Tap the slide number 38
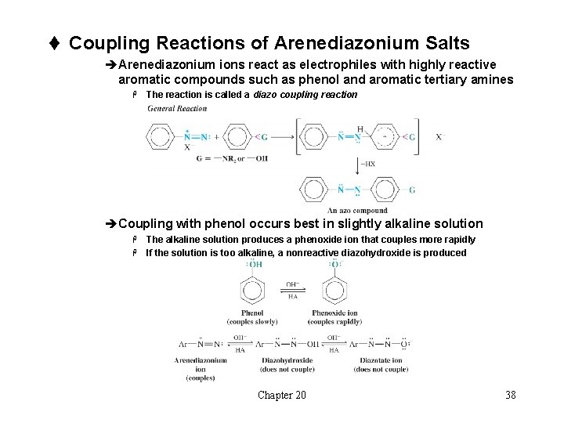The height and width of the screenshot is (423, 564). (x=511, y=395)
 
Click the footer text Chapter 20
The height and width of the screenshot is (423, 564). (x=282, y=395)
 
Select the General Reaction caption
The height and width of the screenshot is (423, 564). (x=178, y=108)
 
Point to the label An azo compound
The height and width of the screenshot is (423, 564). (x=357, y=210)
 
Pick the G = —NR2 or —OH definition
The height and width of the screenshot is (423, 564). (x=232, y=158)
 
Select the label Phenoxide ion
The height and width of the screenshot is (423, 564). (x=336, y=313)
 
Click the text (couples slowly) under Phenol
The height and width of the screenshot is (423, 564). (x=253, y=321)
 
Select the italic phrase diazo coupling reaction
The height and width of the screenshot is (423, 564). (x=305, y=95)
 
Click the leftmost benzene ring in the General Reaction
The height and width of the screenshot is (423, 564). (x=161, y=137)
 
